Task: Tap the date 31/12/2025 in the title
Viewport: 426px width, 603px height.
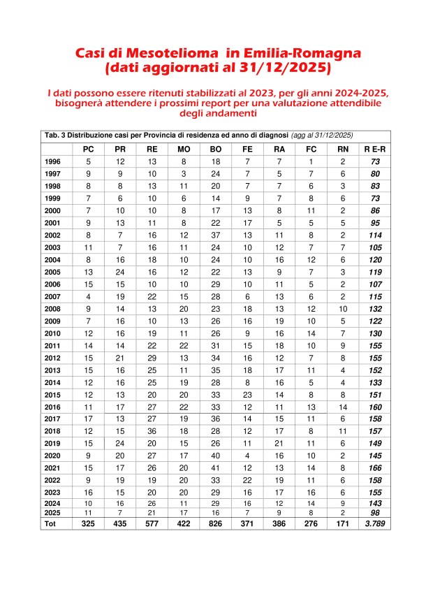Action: click(x=280, y=70)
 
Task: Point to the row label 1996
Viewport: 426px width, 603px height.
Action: click(x=53, y=161)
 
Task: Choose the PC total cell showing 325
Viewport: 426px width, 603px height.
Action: click(x=88, y=523)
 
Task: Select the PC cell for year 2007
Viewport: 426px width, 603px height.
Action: click(x=88, y=297)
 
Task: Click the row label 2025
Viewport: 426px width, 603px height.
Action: click(x=52, y=513)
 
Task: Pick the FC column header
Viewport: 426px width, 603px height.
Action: click(x=311, y=149)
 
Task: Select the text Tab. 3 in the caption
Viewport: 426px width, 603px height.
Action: click(x=54, y=135)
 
